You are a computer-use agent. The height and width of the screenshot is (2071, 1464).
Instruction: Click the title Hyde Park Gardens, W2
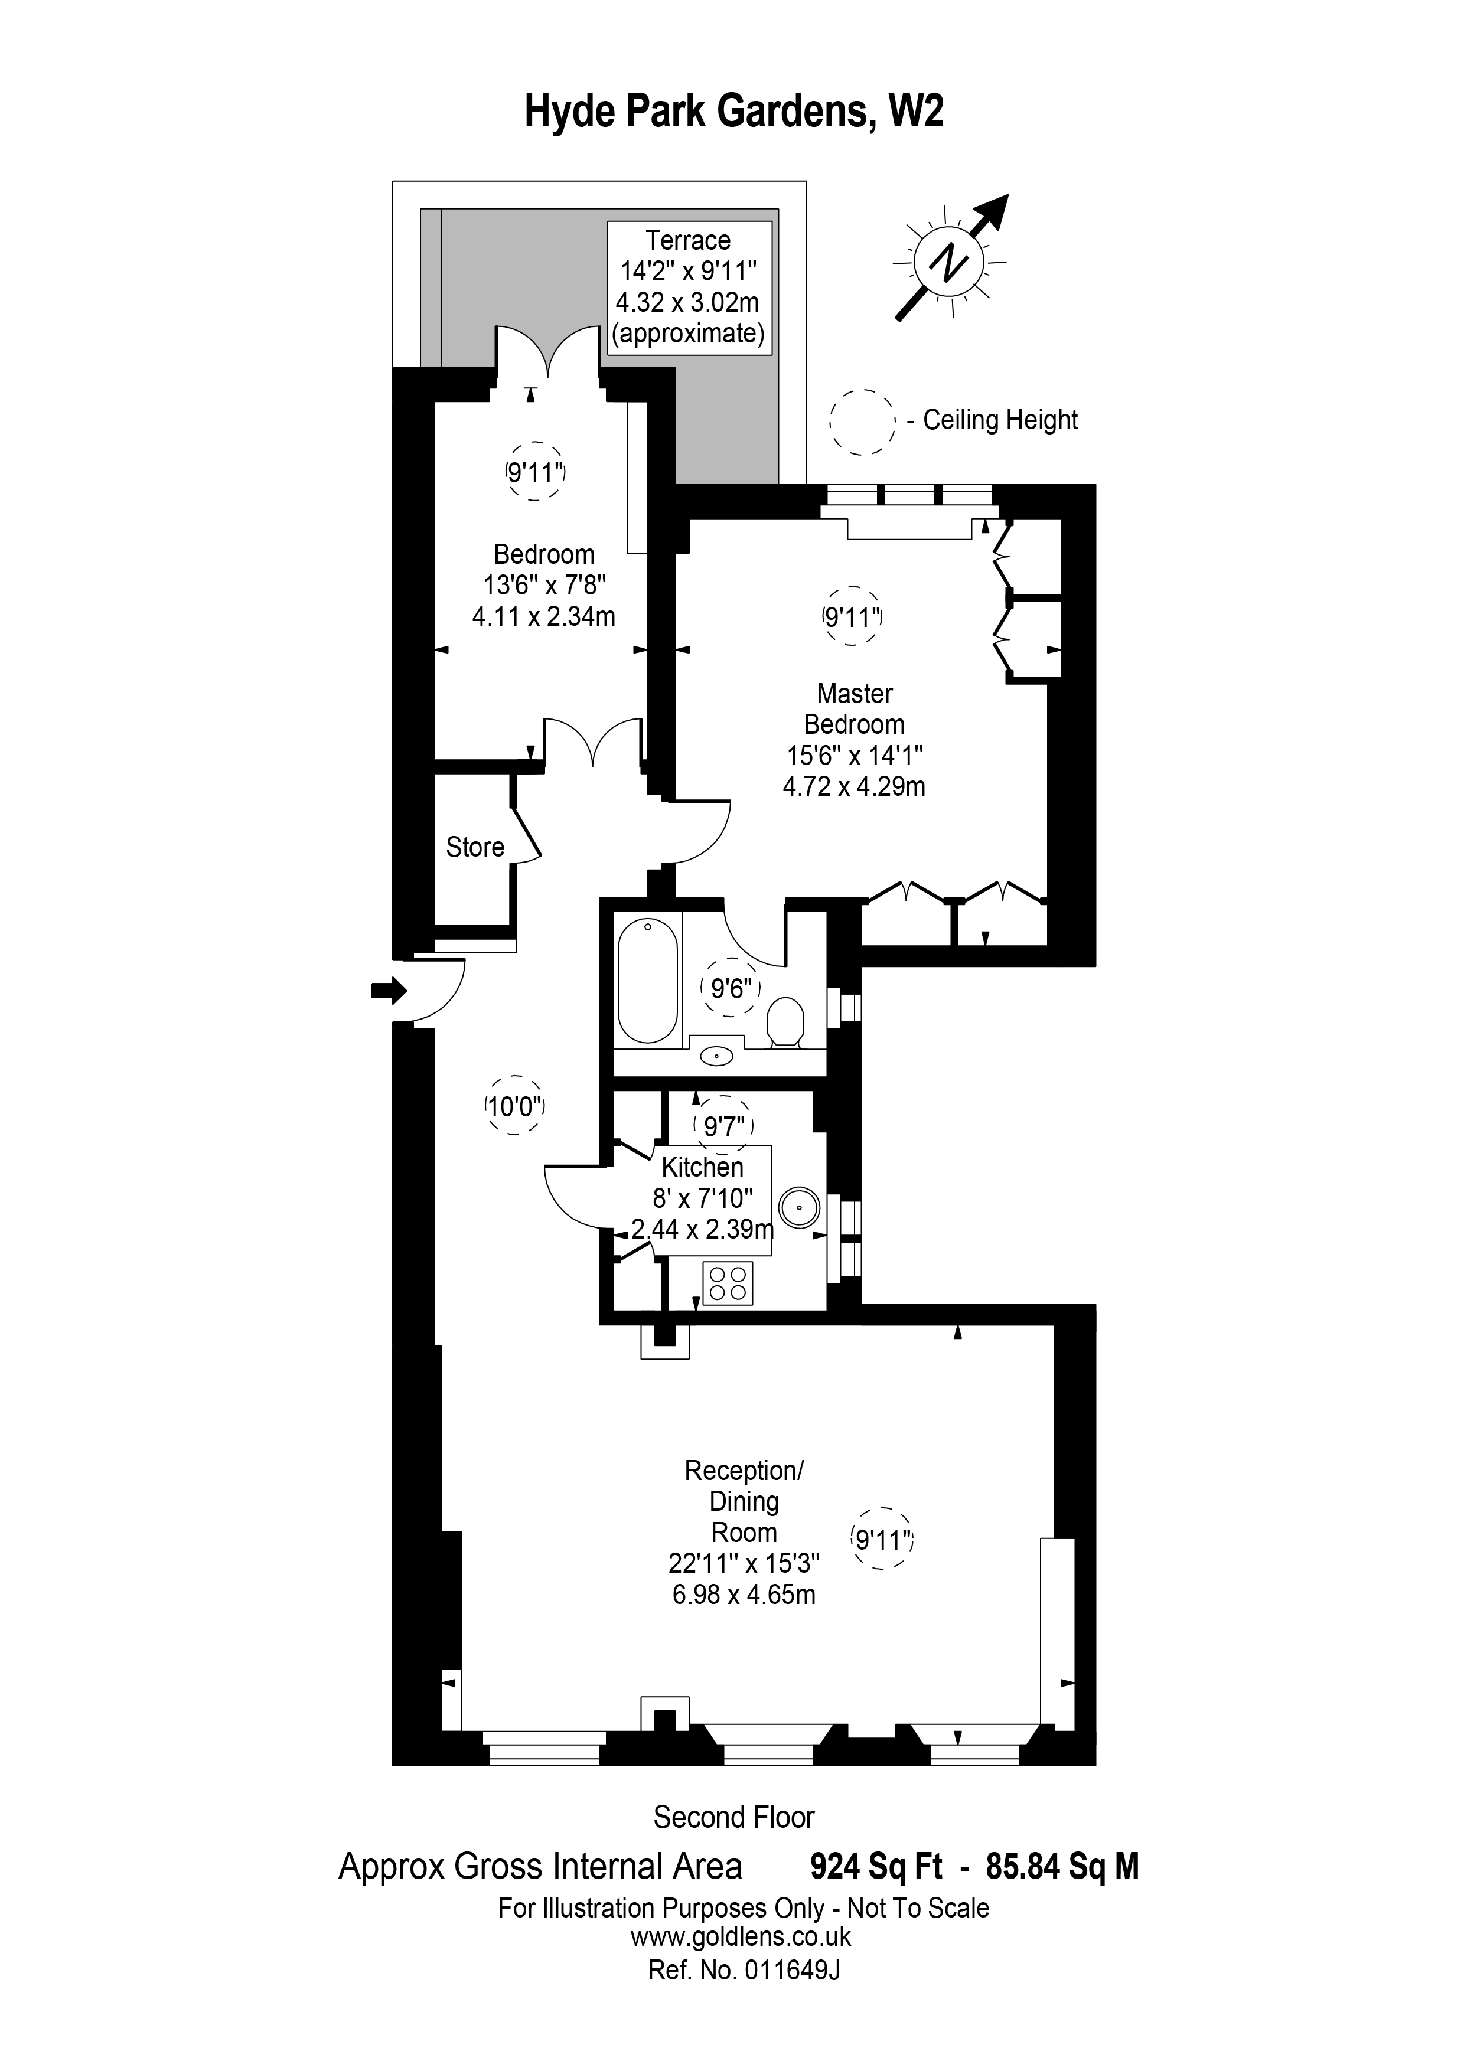point(733,113)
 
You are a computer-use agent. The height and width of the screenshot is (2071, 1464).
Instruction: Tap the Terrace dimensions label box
point(689,287)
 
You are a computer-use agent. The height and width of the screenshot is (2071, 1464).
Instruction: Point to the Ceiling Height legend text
point(999,420)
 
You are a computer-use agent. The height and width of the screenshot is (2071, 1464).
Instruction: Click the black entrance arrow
point(389,991)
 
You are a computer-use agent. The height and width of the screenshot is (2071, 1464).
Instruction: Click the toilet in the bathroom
point(785,1021)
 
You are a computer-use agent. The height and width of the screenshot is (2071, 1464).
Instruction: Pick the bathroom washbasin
point(717,1054)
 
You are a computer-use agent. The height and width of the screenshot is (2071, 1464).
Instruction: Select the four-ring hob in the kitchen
point(727,1283)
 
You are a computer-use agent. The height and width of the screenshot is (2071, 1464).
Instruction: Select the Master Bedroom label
point(853,709)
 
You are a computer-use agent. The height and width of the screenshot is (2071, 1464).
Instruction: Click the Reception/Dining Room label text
point(744,1501)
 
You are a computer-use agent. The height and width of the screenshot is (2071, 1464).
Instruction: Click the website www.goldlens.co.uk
point(739,1936)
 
